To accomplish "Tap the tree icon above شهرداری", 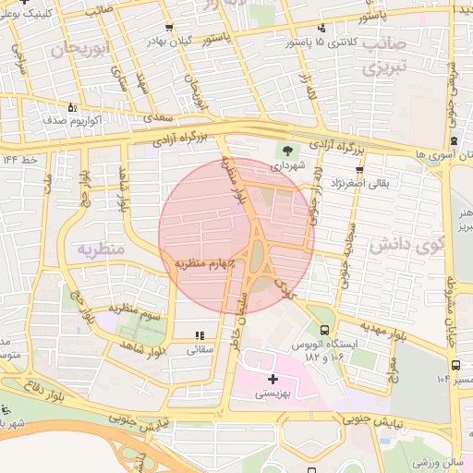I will click(x=286, y=150).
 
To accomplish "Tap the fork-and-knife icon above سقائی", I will click(x=200, y=335).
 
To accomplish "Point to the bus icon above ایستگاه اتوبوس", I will click(x=323, y=330).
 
